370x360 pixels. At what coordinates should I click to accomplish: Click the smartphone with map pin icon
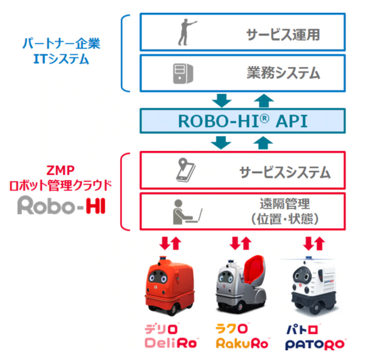(186, 170)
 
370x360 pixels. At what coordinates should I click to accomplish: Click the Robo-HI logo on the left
(60, 205)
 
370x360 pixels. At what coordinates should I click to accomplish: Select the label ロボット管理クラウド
(60, 184)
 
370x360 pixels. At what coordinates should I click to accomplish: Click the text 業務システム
(282, 74)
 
